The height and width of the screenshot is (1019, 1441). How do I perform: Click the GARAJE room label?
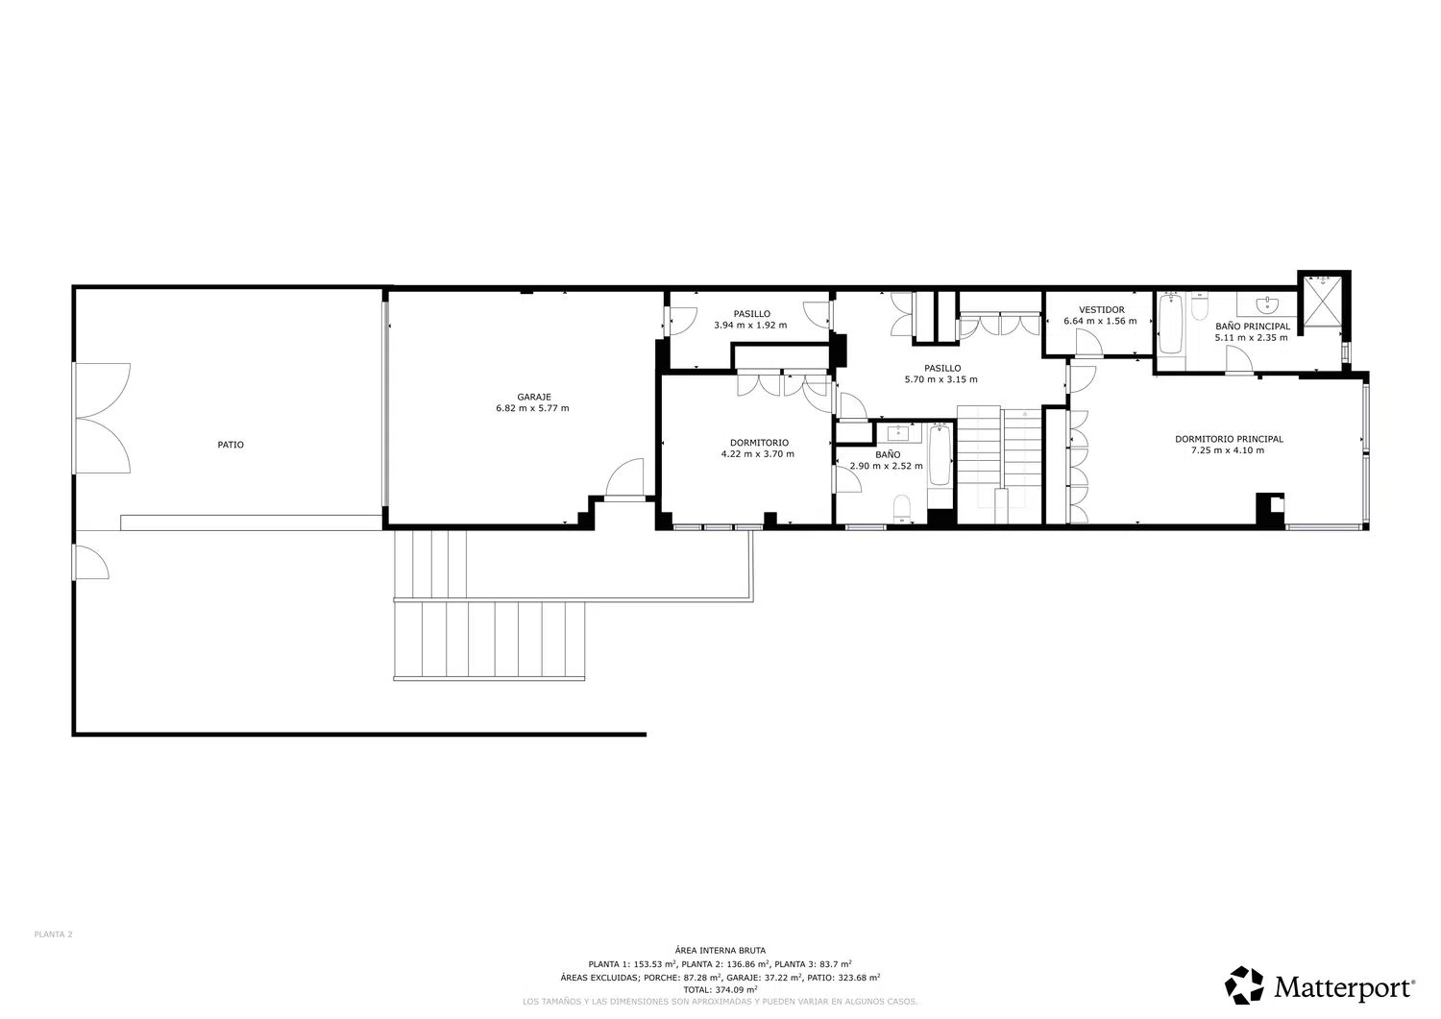click(534, 397)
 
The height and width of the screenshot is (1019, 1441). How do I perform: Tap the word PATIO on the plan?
click(231, 445)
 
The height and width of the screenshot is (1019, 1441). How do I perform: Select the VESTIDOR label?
click(1101, 309)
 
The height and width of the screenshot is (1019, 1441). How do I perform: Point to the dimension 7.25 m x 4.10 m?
click(1228, 450)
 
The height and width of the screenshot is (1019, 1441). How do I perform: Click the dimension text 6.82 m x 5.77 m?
click(532, 408)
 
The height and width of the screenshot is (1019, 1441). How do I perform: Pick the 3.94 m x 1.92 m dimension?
click(750, 325)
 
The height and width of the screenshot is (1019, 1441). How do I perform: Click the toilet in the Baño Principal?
click(1200, 307)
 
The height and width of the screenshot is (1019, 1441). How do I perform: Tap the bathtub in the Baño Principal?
click(1171, 324)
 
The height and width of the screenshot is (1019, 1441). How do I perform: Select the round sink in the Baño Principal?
click(1266, 303)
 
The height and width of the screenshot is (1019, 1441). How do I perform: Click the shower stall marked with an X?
click(1323, 302)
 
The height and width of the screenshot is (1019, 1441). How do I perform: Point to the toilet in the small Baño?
click(902, 507)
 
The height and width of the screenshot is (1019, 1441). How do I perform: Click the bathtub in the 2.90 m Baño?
click(940, 455)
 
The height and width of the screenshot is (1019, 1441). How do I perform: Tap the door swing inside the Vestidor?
click(1088, 342)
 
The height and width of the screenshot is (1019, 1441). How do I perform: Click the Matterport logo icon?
click(1244, 984)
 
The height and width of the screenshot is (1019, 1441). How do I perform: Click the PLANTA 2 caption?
click(54, 934)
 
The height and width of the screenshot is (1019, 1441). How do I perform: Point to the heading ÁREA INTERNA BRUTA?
click(720, 950)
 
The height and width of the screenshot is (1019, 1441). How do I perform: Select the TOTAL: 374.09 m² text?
click(720, 989)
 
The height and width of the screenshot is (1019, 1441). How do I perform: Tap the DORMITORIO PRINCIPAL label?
click(1229, 439)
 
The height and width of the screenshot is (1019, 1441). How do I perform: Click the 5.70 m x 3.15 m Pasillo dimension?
click(940, 379)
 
